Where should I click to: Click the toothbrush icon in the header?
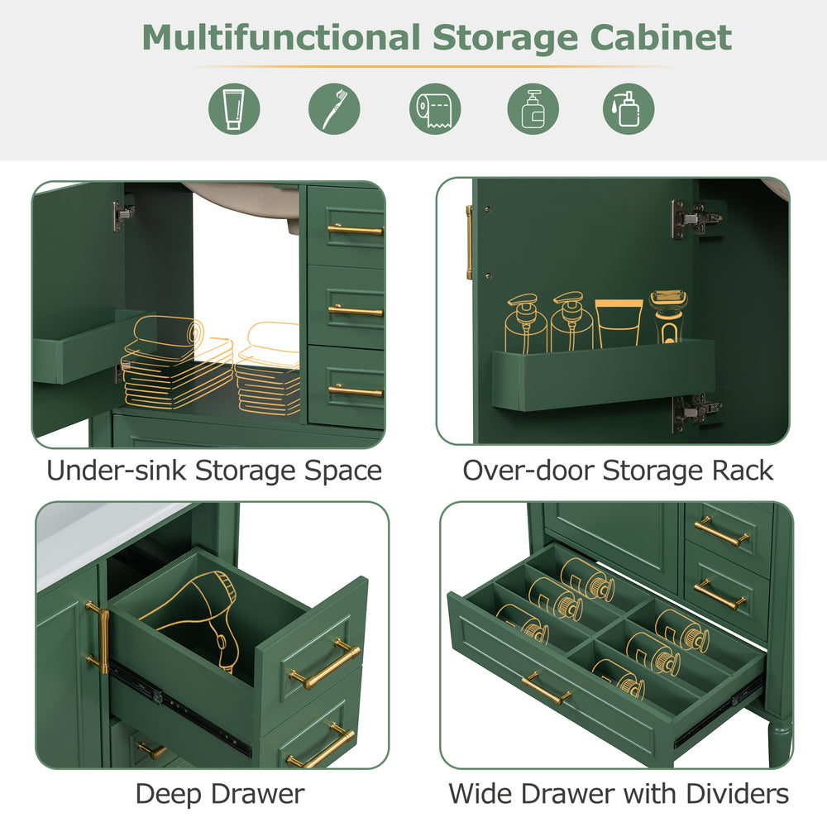[334, 108]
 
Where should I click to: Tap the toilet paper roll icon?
[435, 108]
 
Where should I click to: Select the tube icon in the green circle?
[234, 108]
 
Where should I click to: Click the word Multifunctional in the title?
[281, 38]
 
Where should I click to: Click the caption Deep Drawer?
[220, 794]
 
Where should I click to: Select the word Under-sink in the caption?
[116, 471]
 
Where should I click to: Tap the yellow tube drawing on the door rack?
[619, 323]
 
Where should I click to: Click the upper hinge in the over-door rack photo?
[696, 217]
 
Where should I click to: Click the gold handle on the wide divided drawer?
[546, 688]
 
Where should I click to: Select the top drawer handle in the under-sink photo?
[356, 229]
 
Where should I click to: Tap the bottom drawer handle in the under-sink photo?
[356, 391]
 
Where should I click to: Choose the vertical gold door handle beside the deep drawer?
[98, 637]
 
